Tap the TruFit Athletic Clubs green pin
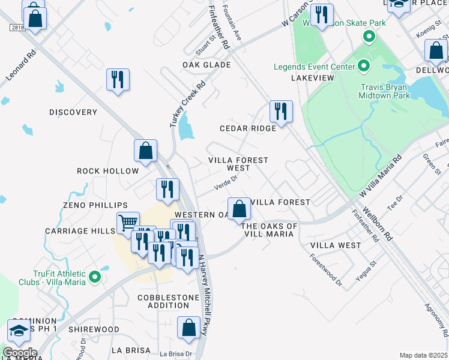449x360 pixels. click(x=94, y=277)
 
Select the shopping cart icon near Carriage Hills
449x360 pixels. click(x=128, y=223)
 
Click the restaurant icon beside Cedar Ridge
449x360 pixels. click(x=281, y=111)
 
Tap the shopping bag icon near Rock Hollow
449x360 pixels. click(x=145, y=151)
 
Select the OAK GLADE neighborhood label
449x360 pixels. click(x=207, y=65)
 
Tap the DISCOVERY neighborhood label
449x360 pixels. click(x=73, y=112)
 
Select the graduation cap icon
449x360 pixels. click(x=19, y=330)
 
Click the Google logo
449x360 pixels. click(x=20, y=353)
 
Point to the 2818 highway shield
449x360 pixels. click(x=16, y=28)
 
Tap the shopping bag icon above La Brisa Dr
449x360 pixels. click(x=189, y=328)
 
